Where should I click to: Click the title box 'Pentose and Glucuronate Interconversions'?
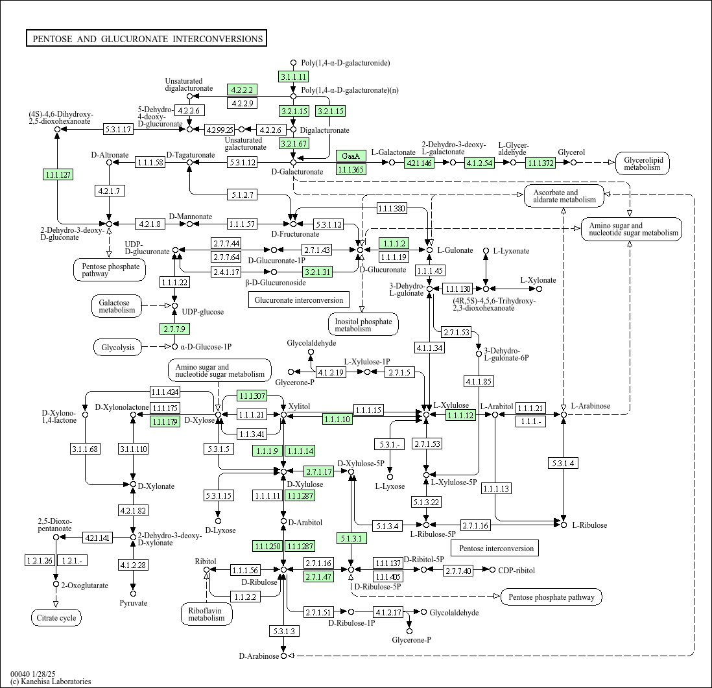tap(147, 39)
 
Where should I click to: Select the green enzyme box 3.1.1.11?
tap(293, 77)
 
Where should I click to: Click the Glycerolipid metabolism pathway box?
tap(642, 163)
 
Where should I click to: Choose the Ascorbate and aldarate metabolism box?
tap(564, 196)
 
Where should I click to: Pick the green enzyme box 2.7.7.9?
tap(174, 329)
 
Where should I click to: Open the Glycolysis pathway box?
tap(118, 348)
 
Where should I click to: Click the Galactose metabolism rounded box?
tap(118, 306)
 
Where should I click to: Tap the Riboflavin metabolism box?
tap(206, 613)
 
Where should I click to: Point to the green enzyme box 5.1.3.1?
tap(351, 538)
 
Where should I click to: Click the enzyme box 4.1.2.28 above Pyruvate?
tap(133, 565)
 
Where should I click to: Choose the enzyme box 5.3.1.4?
tap(564, 463)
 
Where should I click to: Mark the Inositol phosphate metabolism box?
tap(362, 325)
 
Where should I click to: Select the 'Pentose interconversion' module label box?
tap(497, 549)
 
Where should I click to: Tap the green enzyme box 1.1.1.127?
tap(57, 174)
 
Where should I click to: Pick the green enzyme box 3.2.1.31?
tap(318, 272)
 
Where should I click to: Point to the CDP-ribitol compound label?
tap(517, 570)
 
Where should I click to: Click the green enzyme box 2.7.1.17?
tap(319, 471)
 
